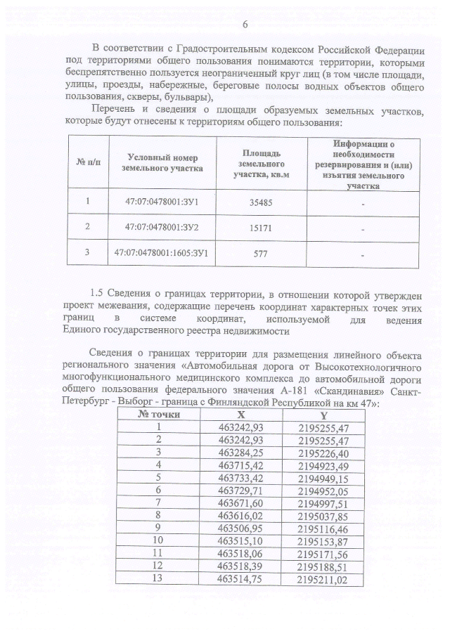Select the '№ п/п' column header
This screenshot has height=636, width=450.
point(89,163)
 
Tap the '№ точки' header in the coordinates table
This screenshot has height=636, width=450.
point(160,415)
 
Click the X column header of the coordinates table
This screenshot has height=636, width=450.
point(241,415)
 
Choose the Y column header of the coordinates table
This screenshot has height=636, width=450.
point(323,415)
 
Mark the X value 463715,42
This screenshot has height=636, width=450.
point(241,465)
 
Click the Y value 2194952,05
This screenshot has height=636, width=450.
point(323,490)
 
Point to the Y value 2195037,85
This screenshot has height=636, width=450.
point(323,515)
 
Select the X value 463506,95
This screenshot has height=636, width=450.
point(241,527)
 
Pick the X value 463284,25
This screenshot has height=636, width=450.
point(241,452)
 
